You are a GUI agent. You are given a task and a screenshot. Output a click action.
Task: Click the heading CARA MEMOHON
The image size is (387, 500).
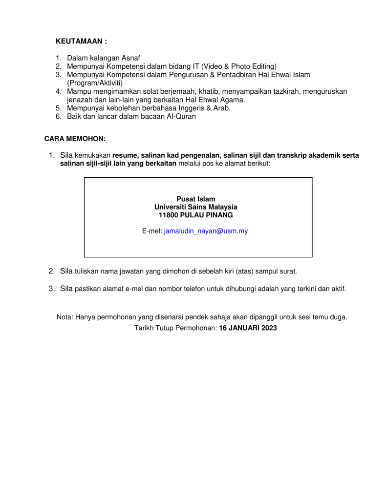(75, 139)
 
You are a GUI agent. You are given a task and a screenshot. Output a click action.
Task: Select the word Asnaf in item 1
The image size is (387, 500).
(130, 58)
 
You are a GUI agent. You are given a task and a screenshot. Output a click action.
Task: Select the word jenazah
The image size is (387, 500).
(80, 100)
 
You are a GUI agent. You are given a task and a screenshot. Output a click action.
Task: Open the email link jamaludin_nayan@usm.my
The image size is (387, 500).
(206, 231)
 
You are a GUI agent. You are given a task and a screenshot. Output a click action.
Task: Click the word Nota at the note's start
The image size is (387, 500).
(64, 317)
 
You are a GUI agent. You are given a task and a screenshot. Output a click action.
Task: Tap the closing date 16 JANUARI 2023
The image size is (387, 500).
(248, 328)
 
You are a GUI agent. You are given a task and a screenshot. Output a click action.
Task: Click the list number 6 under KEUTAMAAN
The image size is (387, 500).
(58, 116)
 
